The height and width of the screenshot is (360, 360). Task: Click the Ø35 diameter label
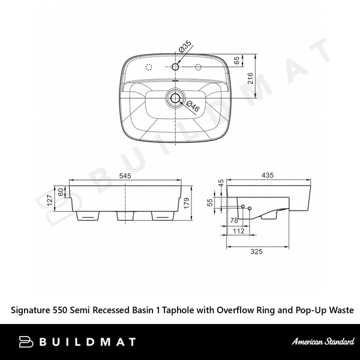point(185,47)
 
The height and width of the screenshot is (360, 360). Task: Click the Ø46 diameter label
point(193,106)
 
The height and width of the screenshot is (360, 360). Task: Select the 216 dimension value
point(250,78)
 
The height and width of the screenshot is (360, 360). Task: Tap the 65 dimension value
point(236,61)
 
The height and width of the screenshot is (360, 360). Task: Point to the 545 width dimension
point(125,176)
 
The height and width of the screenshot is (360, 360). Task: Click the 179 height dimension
point(187,203)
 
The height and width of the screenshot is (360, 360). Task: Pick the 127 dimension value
point(50,200)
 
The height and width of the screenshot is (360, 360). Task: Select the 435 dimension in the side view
point(268,175)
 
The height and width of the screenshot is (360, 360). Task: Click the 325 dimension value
point(256,251)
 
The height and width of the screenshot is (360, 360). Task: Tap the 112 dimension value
point(239,231)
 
